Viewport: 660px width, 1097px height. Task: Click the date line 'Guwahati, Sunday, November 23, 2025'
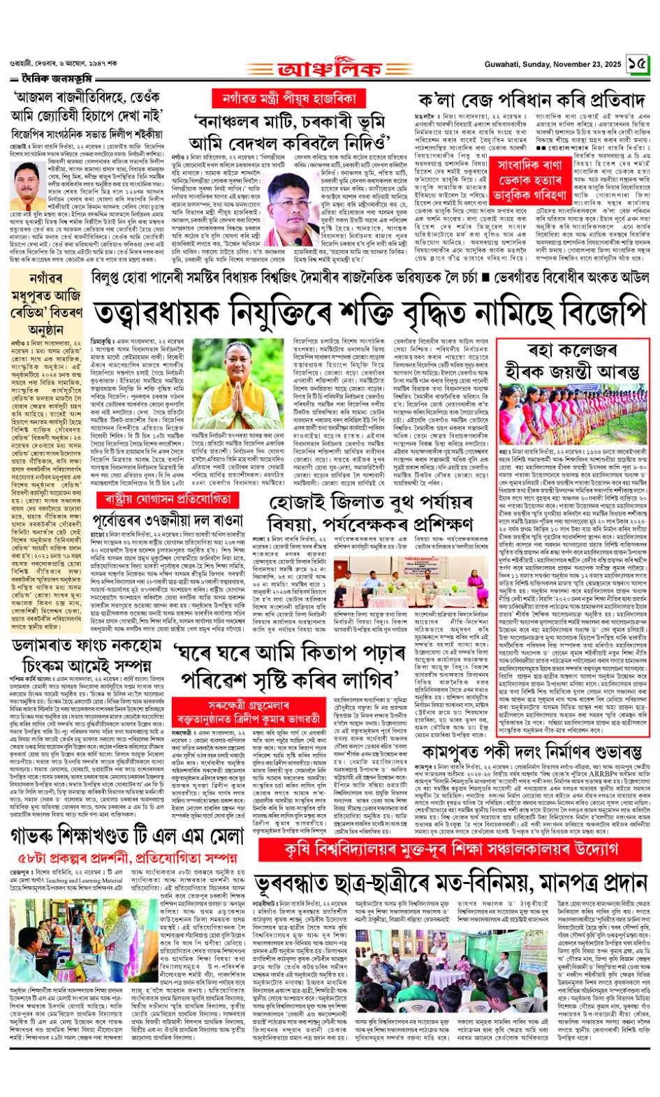pyautogui.click(x=552, y=64)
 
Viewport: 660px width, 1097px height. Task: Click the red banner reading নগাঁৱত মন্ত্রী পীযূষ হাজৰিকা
pyautogui.click(x=288, y=98)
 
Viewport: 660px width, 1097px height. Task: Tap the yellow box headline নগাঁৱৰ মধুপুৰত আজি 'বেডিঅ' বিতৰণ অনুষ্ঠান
pyautogui.click(x=46, y=303)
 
